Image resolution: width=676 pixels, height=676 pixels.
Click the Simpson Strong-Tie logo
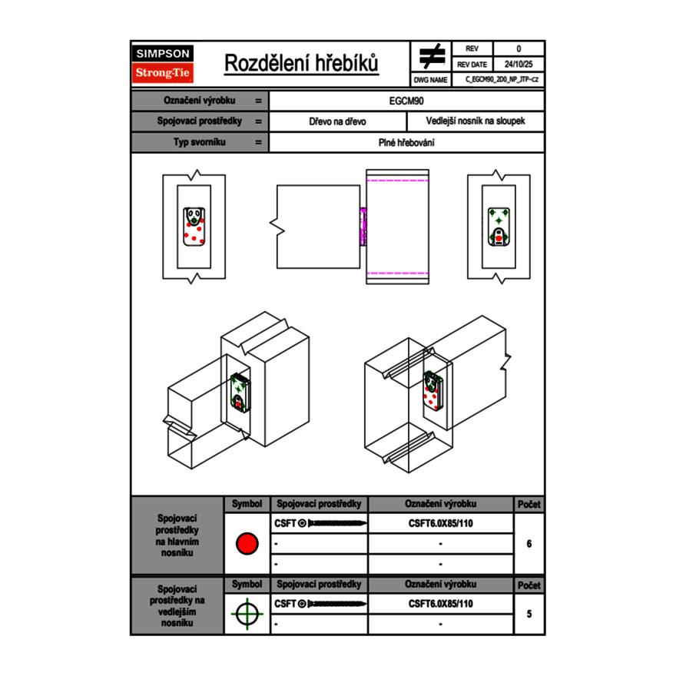[x=164, y=64]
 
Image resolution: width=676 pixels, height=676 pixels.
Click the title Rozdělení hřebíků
[x=302, y=63]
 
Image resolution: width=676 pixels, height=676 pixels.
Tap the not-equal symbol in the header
[x=432, y=56]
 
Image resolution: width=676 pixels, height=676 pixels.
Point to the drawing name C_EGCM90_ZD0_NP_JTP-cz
[x=500, y=79]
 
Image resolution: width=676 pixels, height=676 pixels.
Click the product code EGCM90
[x=407, y=101]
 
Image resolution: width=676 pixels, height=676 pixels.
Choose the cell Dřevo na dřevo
[x=337, y=121]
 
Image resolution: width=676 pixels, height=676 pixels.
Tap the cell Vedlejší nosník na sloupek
[x=476, y=121]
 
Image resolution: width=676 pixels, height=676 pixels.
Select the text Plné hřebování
[x=407, y=142]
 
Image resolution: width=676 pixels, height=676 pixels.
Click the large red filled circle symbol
[x=247, y=544]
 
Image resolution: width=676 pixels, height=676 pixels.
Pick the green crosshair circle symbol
[x=247, y=614]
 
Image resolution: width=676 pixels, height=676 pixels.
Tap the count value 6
[x=529, y=544]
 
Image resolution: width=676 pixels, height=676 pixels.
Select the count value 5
[x=529, y=614]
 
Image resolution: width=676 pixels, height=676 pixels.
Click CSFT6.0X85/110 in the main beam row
[x=441, y=524]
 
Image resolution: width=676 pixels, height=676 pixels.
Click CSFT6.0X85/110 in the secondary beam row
[x=441, y=604]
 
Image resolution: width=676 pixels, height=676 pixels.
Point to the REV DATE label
[x=472, y=65]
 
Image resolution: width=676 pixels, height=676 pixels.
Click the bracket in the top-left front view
[x=194, y=227]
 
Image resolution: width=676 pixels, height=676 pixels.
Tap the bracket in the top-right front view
[x=499, y=227]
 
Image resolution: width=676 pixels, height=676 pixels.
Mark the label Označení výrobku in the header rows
[x=200, y=101]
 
